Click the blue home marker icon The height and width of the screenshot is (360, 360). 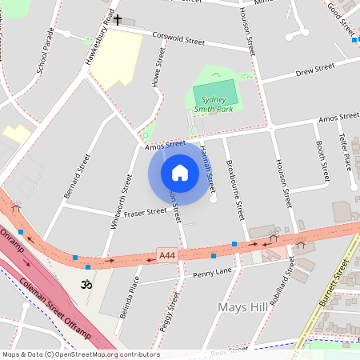coord(180,172)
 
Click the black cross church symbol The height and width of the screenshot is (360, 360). coord(118,19)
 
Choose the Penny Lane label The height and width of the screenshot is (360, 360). coord(212,274)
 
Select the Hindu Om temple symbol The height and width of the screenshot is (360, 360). coord(87,284)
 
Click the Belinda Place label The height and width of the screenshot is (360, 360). coord(130,298)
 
